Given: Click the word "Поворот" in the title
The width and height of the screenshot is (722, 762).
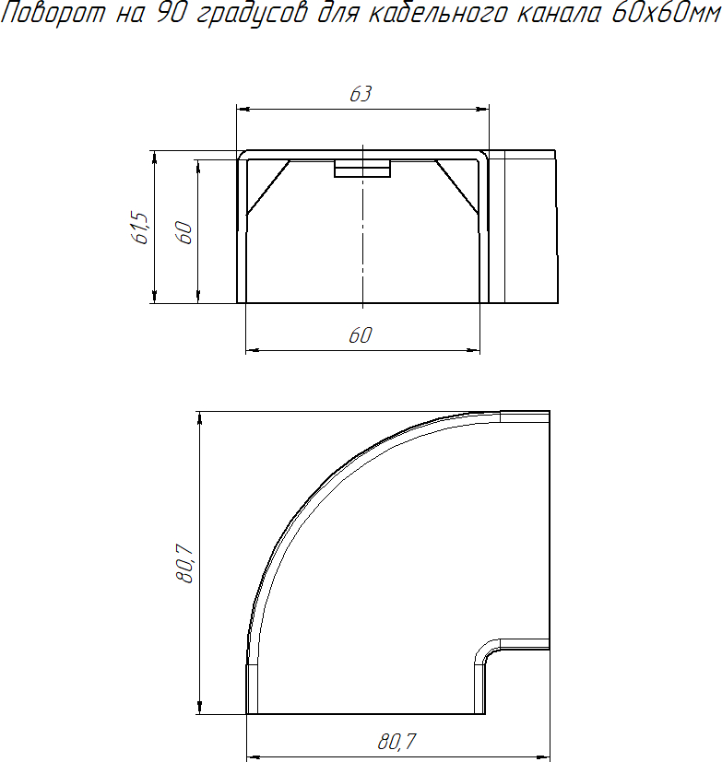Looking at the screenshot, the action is point(53,13).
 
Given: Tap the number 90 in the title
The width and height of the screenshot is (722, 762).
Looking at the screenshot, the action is point(172,13).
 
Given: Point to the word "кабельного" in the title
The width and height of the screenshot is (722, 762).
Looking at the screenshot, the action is point(435,14).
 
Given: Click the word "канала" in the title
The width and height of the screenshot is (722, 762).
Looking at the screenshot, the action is point(558,13).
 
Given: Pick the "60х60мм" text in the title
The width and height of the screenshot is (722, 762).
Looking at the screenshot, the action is point(666,13).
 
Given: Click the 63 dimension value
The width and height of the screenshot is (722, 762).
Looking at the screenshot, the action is point(361,94).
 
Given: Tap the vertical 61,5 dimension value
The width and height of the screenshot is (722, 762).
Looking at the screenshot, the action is point(140,228).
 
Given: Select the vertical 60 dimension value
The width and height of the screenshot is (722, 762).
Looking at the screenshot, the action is point(184,232).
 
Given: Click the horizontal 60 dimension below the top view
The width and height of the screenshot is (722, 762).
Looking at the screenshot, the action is point(361,335).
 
